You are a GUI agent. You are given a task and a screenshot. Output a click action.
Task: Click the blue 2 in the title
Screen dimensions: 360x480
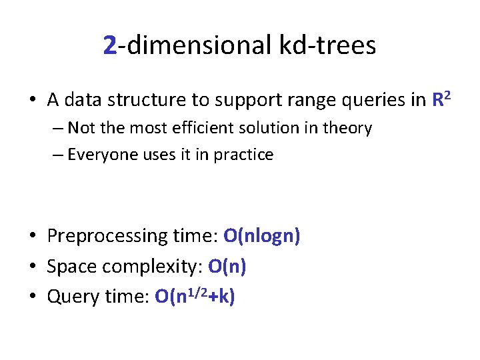point(111,45)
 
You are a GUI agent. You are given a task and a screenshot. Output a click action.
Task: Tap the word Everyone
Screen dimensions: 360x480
point(99,155)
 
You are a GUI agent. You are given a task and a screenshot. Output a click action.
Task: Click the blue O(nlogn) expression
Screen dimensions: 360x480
point(261,236)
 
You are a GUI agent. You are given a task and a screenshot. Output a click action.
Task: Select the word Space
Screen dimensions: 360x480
point(69,267)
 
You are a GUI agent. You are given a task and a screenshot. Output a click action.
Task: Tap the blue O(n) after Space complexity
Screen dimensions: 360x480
point(227,267)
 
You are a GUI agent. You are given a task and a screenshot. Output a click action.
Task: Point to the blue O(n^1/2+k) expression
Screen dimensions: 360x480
point(194,296)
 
